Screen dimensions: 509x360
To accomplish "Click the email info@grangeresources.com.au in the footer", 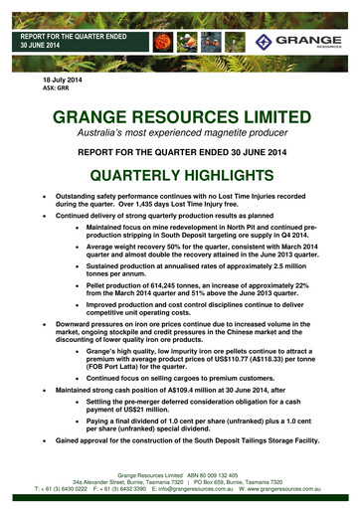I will pyautogui.click(x=193, y=491).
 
